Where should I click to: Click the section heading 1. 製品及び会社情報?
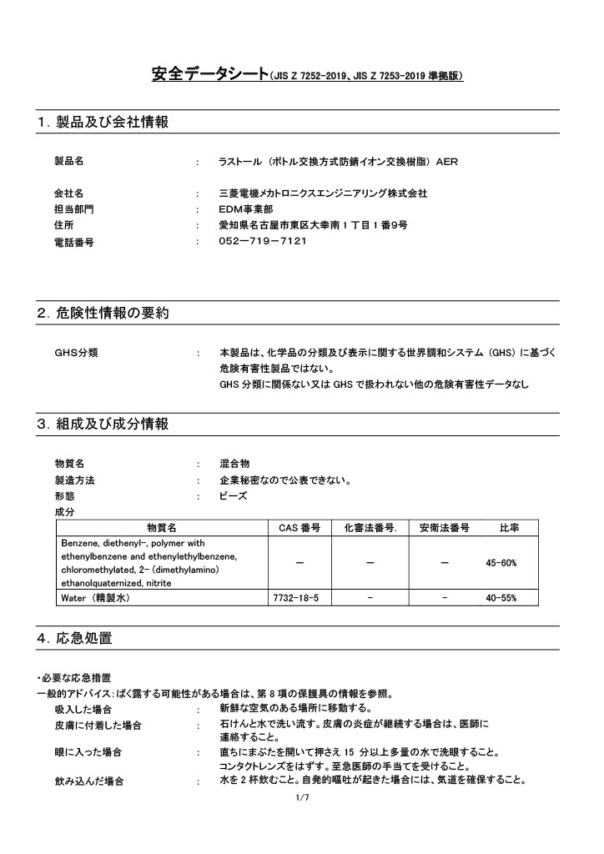coord(103,123)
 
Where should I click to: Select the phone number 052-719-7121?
coord(263,242)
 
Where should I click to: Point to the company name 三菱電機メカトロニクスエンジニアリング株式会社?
coord(323,193)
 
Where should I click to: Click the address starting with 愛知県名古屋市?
coord(313,225)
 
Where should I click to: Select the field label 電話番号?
coord(73,242)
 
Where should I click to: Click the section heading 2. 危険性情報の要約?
coord(103,314)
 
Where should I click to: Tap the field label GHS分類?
coord(76,353)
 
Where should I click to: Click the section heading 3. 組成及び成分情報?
coord(103,424)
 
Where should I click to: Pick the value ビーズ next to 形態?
coord(233,495)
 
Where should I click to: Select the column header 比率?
coord(509,528)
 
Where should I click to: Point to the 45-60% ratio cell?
coord(501,563)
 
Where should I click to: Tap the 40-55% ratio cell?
coord(501,598)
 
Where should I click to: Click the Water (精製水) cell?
coord(94,598)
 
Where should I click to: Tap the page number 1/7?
coord(302,799)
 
